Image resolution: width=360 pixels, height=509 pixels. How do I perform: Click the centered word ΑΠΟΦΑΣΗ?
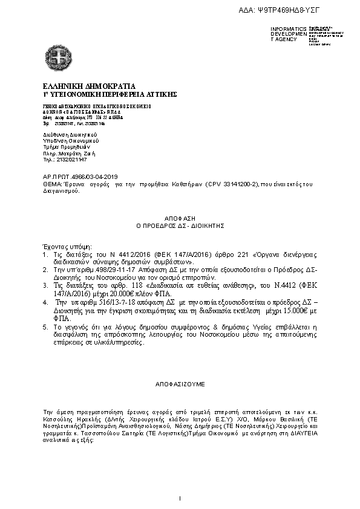pyautogui.click(x=180, y=216)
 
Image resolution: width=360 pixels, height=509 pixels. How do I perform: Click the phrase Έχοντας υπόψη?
pyautogui.click(x=62, y=247)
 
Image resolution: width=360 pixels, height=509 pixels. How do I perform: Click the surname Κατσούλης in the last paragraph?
pyautogui.click(x=54, y=418)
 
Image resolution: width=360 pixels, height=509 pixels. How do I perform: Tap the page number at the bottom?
pyautogui.click(x=180, y=498)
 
